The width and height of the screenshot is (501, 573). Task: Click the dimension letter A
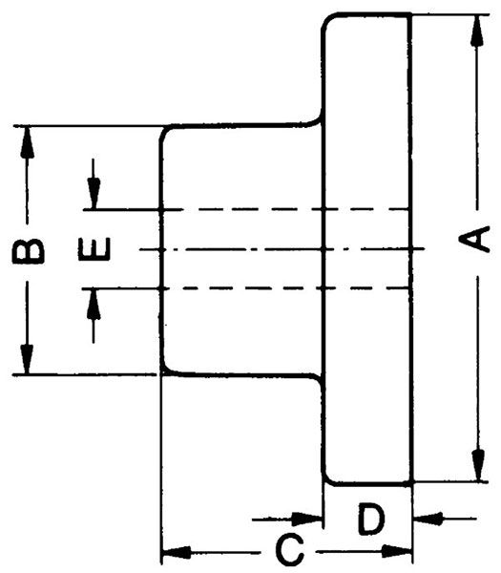coord(474,239)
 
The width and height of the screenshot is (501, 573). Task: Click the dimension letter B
coord(28,251)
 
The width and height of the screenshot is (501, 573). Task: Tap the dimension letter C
coord(289,550)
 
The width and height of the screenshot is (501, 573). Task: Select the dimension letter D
coord(370,519)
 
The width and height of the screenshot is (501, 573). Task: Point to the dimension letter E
coord(94,249)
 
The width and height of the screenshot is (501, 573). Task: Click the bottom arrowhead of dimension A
coord(478,465)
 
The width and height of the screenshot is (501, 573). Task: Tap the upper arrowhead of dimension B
coord(27,142)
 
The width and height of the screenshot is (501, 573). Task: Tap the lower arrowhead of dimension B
coord(27,359)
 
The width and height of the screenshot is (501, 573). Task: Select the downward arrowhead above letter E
coord(94,193)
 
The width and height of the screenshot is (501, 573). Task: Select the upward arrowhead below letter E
coord(94,305)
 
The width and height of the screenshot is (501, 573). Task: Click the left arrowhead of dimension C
coord(177,552)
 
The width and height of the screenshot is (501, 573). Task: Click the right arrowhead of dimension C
coord(397,551)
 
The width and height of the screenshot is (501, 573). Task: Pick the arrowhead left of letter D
coord(307,519)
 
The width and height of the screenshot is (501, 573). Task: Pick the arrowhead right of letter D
coord(428,519)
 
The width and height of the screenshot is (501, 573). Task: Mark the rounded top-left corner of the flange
coord(326,19)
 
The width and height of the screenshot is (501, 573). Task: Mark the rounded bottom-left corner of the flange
coord(327,479)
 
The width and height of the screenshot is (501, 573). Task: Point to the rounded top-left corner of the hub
coord(164,131)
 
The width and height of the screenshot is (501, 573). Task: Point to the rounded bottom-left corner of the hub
coord(165,370)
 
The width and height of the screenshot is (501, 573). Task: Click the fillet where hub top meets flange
coord(317,121)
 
